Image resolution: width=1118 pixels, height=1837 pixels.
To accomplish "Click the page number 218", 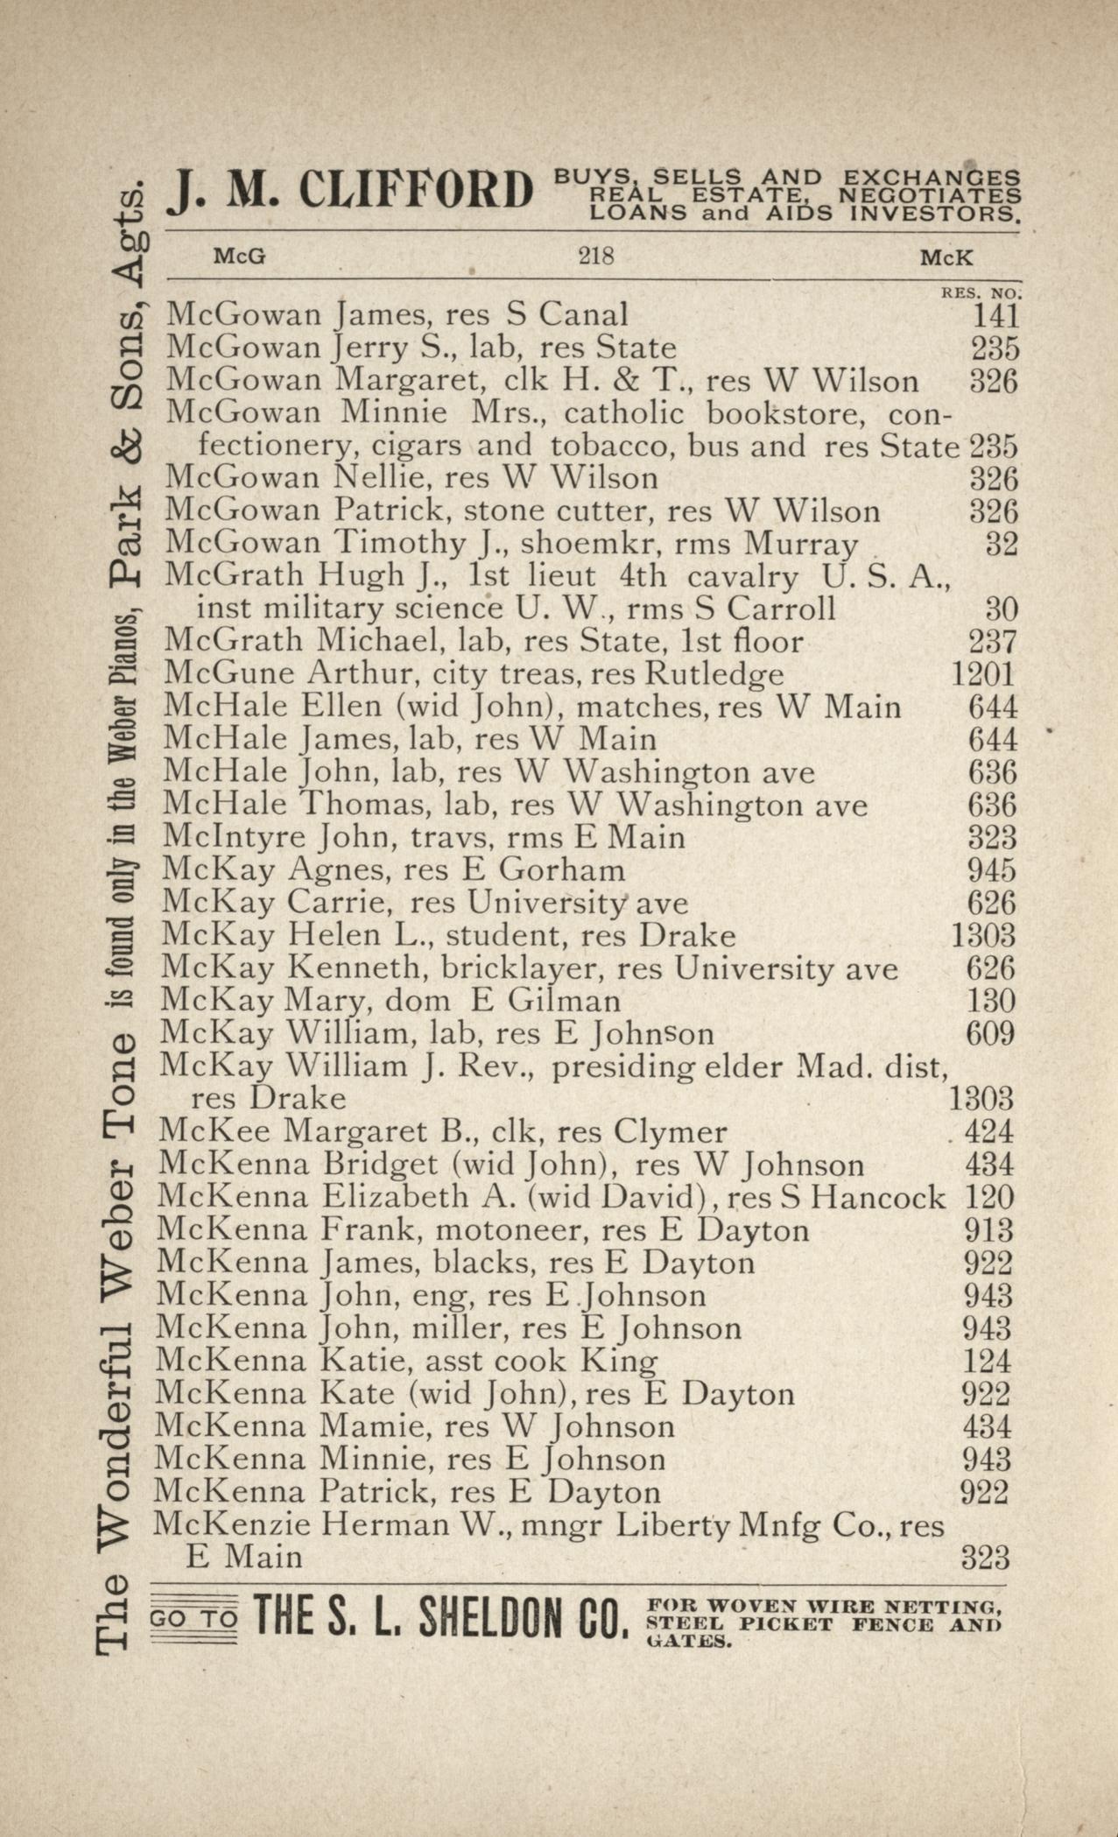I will pyautogui.click(x=595, y=257).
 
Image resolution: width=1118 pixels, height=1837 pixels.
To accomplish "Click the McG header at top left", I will pyautogui.click(x=240, y=257).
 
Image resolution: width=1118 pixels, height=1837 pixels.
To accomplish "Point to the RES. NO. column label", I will pyautogui.click(x=980, y=294).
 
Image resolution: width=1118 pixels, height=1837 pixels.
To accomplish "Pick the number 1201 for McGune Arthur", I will pyautogui.click(x=983, y=674).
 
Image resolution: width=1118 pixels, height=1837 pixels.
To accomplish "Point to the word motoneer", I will pyautogui.click(x=509, y=1230).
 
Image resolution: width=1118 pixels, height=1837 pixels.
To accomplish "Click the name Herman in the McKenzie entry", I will pyautogui.click(x=374, y=1525).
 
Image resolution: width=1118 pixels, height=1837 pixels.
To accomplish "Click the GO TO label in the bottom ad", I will pyautogui.click(x=193, y=1620).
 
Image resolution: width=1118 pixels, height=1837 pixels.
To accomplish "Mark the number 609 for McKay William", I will pyautogui.click(x=989, y=1034).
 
